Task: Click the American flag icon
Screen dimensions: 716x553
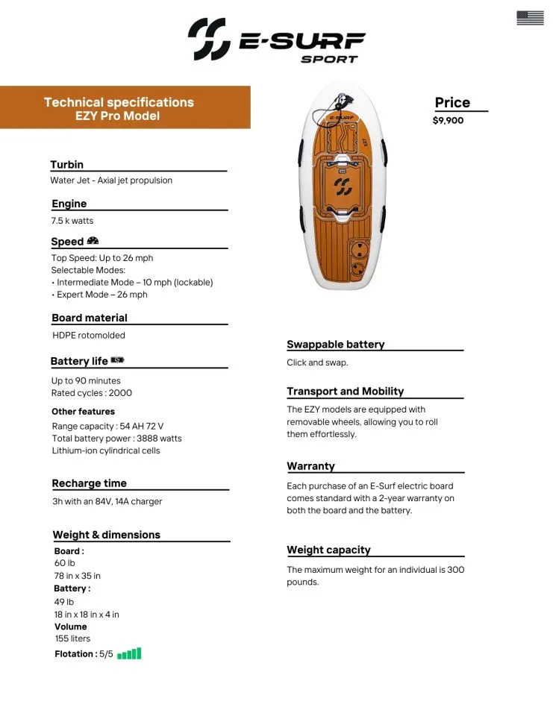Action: (x=530, y=18)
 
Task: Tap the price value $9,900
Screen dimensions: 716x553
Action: (x=448, y=120)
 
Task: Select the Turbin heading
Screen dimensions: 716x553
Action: (x=67, y=165)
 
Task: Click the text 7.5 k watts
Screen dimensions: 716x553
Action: (x=72, y=221)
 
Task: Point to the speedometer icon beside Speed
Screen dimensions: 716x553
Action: (x=93, y=241)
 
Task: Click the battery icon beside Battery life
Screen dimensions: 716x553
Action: (x=117, y=360)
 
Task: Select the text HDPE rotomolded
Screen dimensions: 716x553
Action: (x=89, y=336)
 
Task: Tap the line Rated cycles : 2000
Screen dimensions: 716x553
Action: (x=92, y=393)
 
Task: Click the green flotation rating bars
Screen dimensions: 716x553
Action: (x=129, y=654)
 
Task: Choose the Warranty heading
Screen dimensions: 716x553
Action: (x=310, y=466)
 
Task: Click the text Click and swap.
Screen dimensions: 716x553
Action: (x=317, y=362)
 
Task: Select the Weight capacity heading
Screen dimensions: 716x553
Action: (x=328, y=550)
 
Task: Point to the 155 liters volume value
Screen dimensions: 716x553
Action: (x=72, y=638)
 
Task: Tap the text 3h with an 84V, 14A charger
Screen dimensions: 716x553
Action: (x=107, y=501)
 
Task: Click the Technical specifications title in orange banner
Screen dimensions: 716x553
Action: (x=119, y=102)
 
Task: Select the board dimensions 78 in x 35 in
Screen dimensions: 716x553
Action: (x=78, y=576)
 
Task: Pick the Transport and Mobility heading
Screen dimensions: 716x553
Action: (x=345, y=392)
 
